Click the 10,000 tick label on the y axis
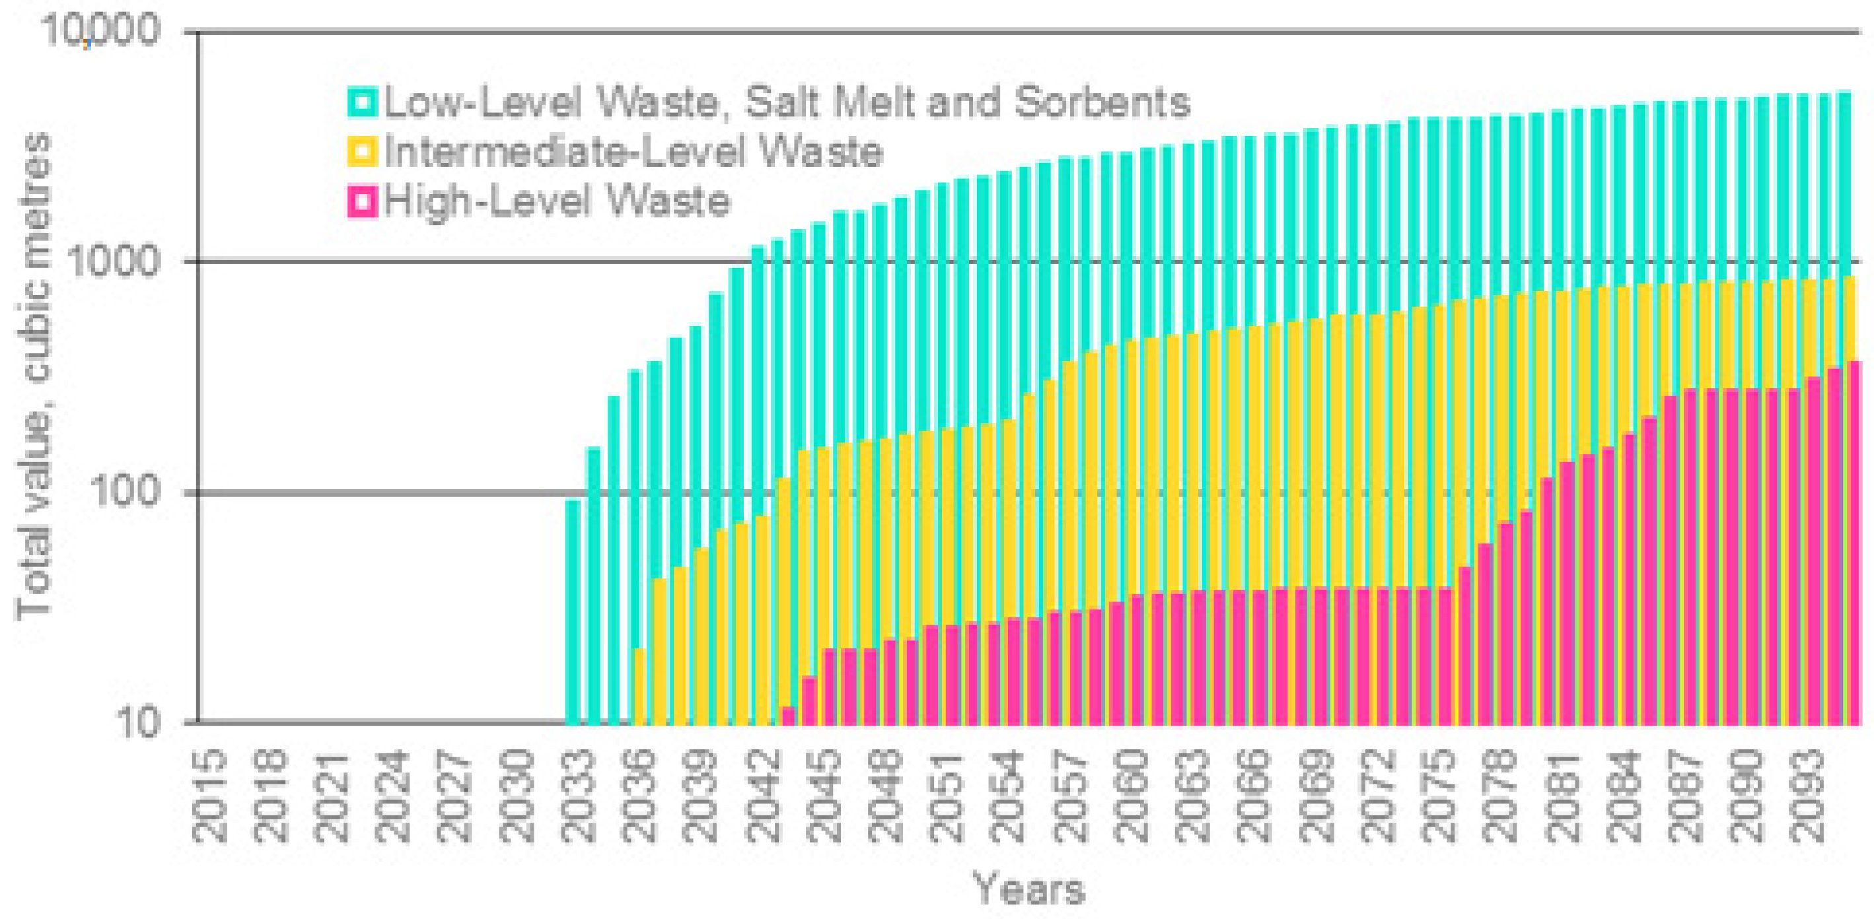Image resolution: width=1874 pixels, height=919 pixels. [x=100, y=32]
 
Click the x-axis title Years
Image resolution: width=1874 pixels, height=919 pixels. [x=1028, y=889]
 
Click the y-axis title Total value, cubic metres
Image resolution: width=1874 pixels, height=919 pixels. [x=34, y=378]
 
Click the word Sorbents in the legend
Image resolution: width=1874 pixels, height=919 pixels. [x=1102, y=102]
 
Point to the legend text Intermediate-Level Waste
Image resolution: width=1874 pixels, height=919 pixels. [x=633, y=152]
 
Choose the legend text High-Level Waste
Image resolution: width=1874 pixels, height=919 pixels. [x=557, y=201]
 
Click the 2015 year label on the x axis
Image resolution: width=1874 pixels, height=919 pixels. [x=209, y=797]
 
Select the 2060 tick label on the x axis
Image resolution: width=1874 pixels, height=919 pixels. [x=1132, y=797]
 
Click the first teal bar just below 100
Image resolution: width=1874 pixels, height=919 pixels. [x=573, y=611]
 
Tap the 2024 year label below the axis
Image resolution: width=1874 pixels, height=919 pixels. [x=394, y=797]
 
